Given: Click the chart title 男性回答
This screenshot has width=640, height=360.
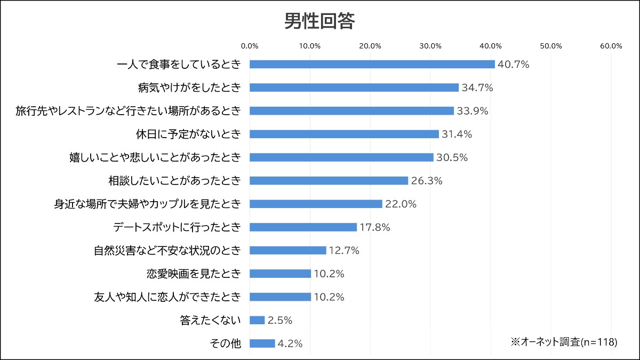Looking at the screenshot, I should tap(319, 21).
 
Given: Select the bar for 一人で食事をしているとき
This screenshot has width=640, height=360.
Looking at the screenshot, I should tap(372, 65).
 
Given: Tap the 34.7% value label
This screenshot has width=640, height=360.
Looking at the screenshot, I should tap(477, 88).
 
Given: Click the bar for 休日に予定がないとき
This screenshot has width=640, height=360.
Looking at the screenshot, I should tap(344, 134).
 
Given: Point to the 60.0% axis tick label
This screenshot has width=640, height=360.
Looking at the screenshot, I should tap(611, 46).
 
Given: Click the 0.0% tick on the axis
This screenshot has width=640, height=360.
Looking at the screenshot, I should tap(250, 46).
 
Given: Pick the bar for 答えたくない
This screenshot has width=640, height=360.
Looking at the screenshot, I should tap(257, 321).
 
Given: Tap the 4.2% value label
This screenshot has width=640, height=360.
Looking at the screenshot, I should tap(290, 344).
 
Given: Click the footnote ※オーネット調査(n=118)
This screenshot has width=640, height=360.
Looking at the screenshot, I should tap(564, 342).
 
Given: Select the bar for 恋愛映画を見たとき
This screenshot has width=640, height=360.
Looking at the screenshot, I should tap(280, 274).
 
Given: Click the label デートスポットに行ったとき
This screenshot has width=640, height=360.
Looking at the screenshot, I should tap(177, 227).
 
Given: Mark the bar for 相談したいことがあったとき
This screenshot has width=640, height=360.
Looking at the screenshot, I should tap(329, 181).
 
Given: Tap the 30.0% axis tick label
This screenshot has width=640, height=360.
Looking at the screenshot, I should tap(430, 46).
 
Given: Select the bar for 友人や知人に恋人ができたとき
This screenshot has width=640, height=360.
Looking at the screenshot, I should tap(280, 297).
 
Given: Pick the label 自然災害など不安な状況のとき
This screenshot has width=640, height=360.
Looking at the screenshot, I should tap(167, 251).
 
